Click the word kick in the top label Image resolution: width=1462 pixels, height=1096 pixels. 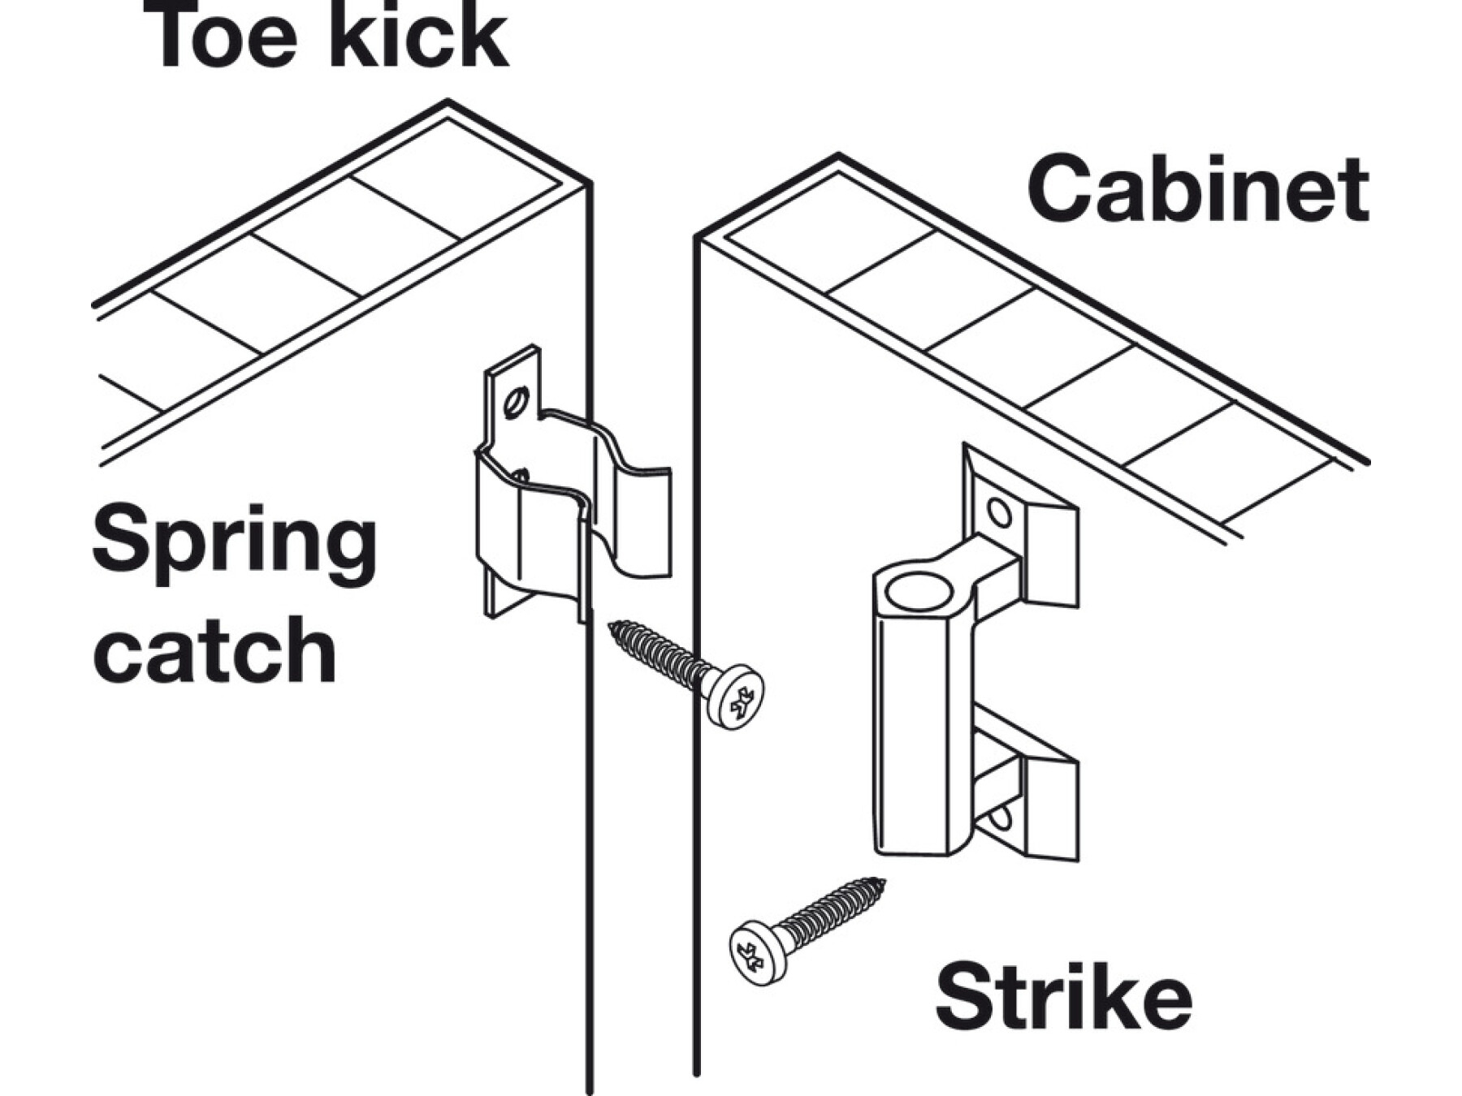pyautogui.click(x=418, y=37)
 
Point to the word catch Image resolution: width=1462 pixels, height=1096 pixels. pyautogui.click(x=214, y=649)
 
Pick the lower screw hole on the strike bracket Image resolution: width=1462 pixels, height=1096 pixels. pyautogui.click(x=1001, y=818)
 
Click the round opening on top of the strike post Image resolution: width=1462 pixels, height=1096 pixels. pyautogui.click(x=919, y=590)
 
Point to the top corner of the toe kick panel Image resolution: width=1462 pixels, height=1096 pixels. pyautogui.click(x=448, y=102)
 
